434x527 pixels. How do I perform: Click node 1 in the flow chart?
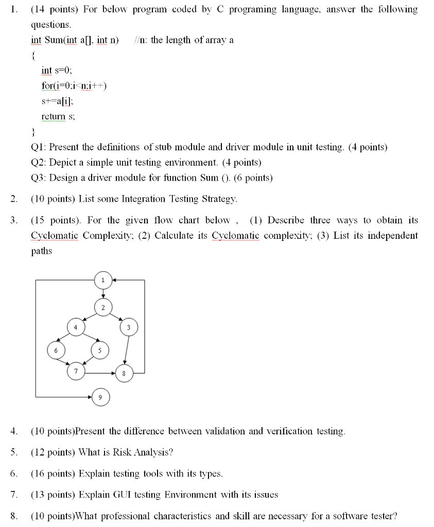pos(102,280)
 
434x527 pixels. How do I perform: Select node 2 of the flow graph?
pos(102,308)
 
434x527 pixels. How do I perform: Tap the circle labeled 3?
pos(129,327)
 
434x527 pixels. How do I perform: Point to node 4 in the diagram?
pos(76,327)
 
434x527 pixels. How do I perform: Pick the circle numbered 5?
pos(100,350)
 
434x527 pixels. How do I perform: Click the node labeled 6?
pos(56,350)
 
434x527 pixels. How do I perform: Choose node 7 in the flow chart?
pos(76,371)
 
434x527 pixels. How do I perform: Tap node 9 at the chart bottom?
pos(100,397)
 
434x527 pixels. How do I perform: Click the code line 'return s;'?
pos(58,117)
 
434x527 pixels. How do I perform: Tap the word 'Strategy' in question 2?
pos(220,199)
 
